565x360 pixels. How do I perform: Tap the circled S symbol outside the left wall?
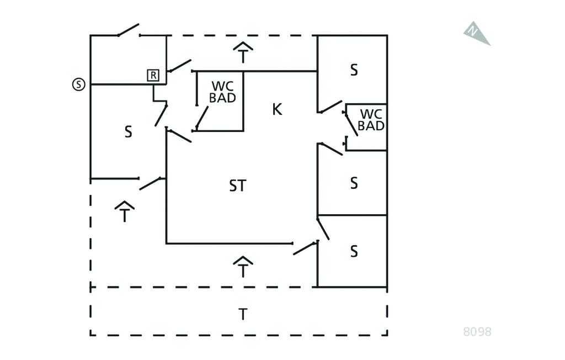click(x=79, y=84)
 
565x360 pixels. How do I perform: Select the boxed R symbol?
click(x=153, y=76)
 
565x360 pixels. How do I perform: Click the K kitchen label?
click(x=277, y=109)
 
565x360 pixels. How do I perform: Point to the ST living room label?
click(x=237, y=186)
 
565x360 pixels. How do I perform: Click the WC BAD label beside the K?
click(x=223, y=93)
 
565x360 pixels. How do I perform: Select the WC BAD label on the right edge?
click(x=371, y=120)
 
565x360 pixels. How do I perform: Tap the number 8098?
click(x=477, y=332)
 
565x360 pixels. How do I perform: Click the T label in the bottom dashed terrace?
click(x=242, y=314)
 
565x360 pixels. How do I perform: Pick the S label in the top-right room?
click(x=354, y=70)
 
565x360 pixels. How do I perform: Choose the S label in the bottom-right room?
click(x=354, y=251)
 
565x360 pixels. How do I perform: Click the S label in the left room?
click(x=128, y=132)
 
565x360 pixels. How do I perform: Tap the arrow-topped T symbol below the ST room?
click(x=243, y=267)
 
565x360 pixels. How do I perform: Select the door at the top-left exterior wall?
click(x=129, y=30)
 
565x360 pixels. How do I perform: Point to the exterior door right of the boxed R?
click(x=180, y=65)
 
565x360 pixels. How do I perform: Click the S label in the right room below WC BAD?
click(x=354, y=183)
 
